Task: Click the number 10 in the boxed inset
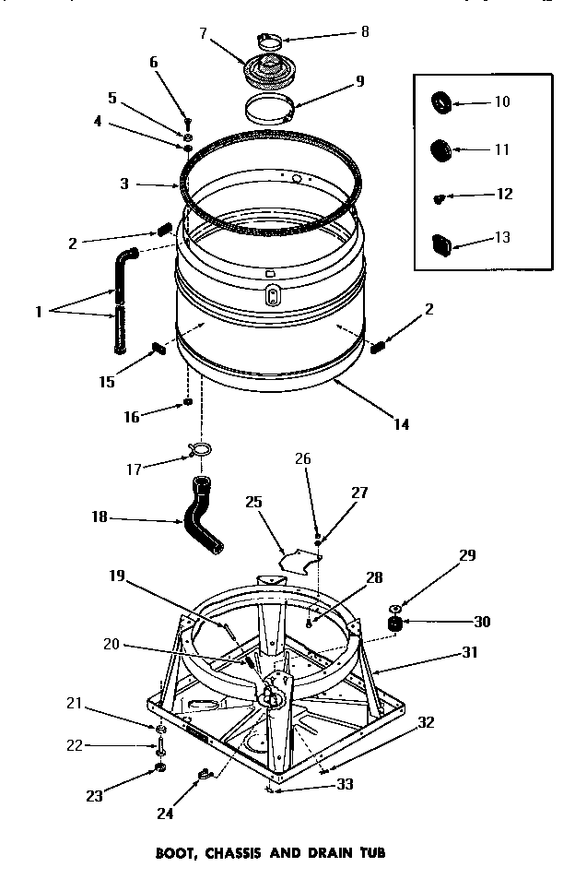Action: [x=502, y=101]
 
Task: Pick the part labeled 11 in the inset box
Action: [x=441, y=148]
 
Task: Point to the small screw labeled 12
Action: [x=441, y=196]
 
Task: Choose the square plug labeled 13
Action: [x=441, y=244]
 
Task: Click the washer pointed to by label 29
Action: [x=395, y=608]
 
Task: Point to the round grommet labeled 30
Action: [x=396, y=626]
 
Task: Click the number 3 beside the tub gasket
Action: [x=123, y=184]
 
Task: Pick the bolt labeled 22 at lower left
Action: [x=160, y=747]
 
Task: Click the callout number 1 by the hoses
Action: [x=40, y=311]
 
